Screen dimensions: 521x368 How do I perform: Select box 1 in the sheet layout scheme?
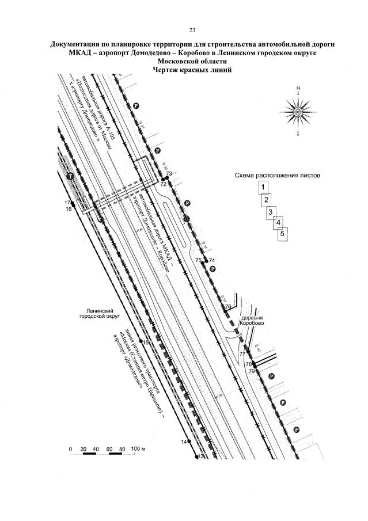click(x=263, y=187)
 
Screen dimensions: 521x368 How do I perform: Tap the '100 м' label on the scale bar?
click(x=139, y=448)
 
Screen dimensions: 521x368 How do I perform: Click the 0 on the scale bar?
click(x=70, y=448)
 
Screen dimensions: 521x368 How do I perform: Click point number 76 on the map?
click(x=227, y=306)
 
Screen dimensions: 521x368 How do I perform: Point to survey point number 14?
click(x=184, y=442)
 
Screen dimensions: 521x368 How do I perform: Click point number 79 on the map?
click(x=251, y=372)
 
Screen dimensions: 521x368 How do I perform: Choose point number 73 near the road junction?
click(x=169, y=174)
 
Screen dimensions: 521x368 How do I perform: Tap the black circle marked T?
click(x=70, y=176)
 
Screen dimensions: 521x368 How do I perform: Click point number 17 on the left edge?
click(x=67, y=203)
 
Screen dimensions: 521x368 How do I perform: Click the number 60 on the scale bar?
click(x=108, y=448)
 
